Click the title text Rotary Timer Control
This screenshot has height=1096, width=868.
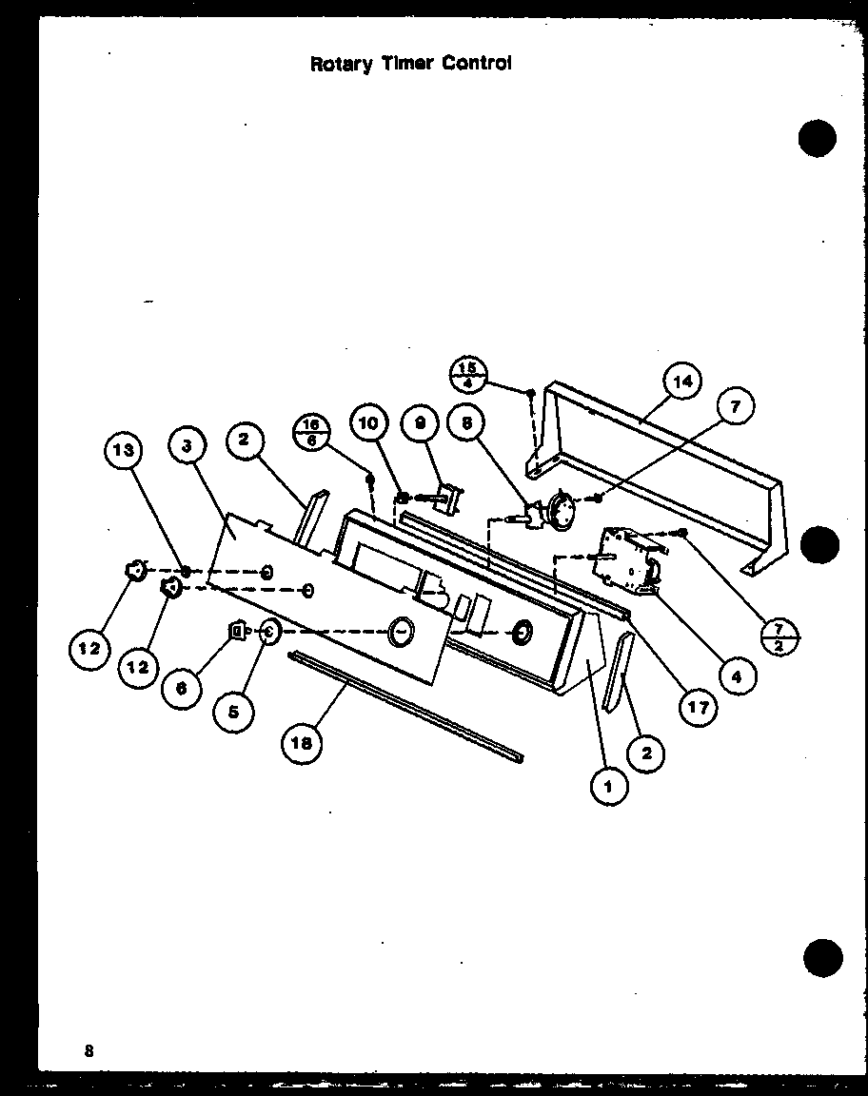coord(412,65)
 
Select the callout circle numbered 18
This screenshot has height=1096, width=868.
coord(302,744)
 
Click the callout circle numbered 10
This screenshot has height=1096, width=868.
coord(370,424)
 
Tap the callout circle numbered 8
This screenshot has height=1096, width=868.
coord(466,425)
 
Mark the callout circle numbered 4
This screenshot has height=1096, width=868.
coord(737,676)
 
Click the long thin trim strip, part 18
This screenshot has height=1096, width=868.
coord(409,704)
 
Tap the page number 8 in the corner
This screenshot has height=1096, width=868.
coord(89,1050)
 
